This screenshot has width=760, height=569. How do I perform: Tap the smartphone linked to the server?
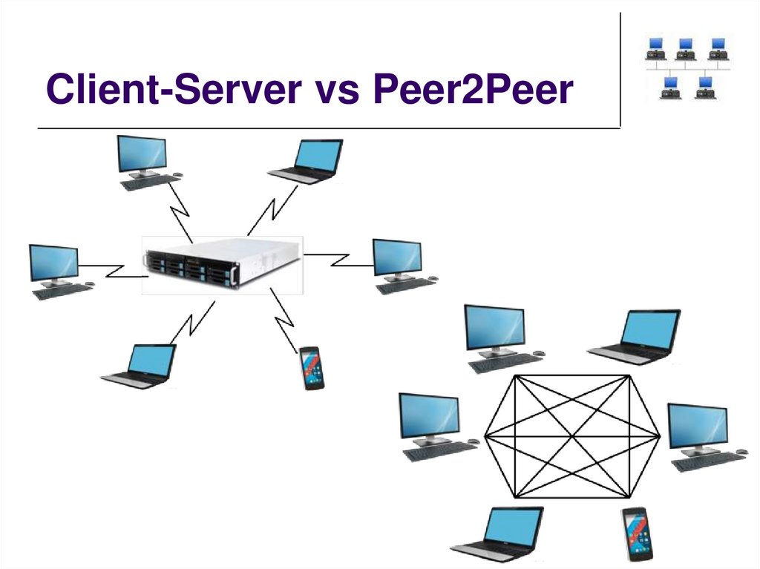312,368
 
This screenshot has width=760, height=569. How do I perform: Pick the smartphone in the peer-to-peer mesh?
638,533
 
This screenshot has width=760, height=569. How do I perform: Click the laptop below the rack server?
141,366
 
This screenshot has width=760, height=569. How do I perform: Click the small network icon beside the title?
684,69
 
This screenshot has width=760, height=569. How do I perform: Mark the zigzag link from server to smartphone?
284,317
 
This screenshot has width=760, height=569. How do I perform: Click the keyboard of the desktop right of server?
407,285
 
